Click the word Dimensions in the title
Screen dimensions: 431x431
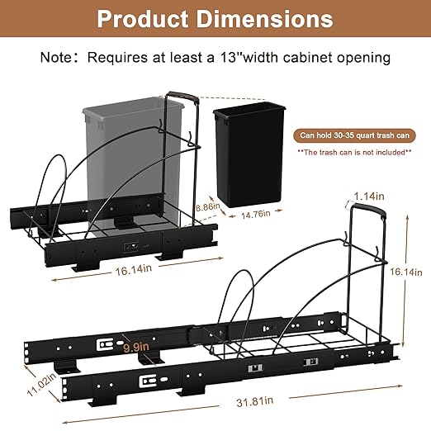click(264, 19)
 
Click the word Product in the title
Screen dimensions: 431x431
click(143, 19)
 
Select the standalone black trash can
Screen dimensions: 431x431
click(249, 154)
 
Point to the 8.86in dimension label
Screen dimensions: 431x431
click(208, 206)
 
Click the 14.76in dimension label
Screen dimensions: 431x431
click(256, 214)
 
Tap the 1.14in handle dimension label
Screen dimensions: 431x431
click(369, 197)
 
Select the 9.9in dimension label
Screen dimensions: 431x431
click(136, 348)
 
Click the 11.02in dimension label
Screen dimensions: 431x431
click(41, 384)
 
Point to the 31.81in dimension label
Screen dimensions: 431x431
click(255, 401)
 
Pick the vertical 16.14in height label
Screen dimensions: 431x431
click(406, 272)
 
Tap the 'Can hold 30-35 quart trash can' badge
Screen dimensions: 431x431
click(354, 135)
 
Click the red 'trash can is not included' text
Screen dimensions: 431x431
click(354, 152)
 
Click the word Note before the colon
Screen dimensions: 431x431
click(55, 58)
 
